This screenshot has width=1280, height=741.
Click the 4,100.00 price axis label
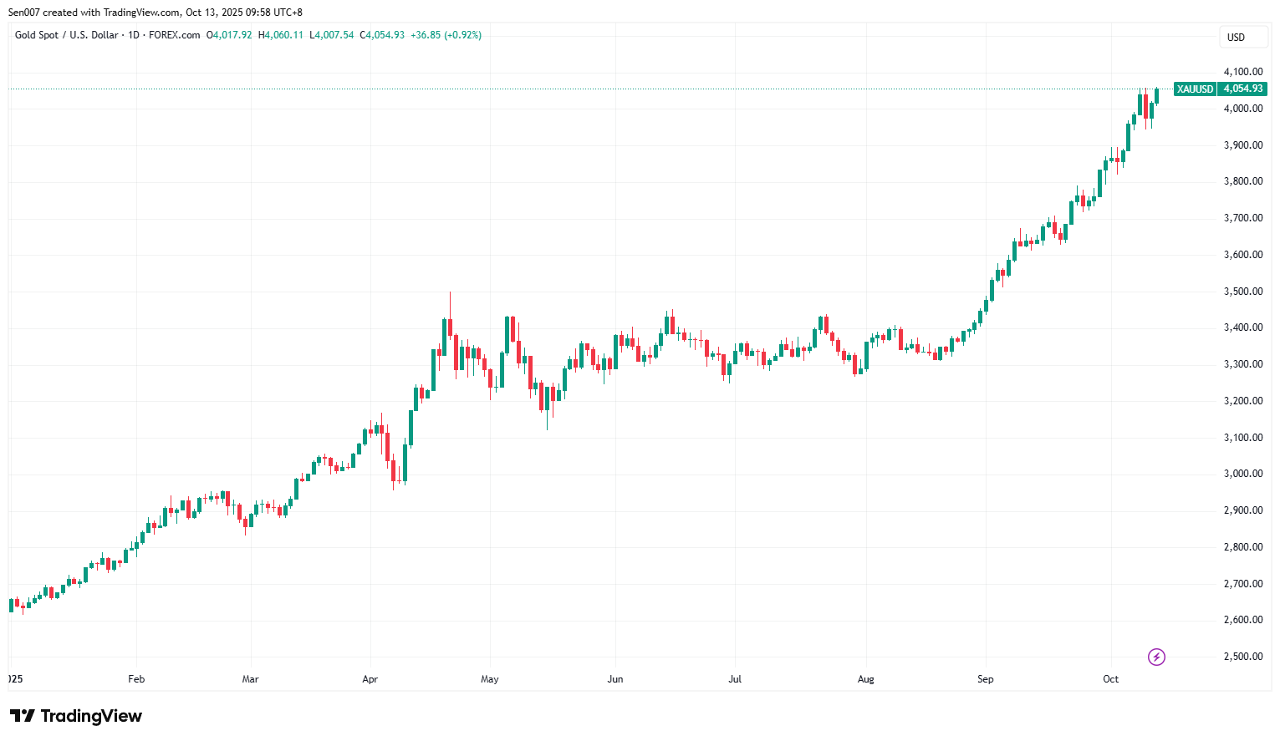(1242, 72)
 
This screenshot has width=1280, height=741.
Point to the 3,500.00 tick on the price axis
(1242, 292)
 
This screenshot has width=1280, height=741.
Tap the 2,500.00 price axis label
(1242, 657)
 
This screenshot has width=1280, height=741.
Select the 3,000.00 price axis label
(1242, 474)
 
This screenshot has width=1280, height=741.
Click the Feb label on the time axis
(136, 679)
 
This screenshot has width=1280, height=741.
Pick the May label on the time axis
(490, 679)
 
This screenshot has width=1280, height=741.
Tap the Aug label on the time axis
(866, 679)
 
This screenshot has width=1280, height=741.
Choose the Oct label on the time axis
(1110, 679)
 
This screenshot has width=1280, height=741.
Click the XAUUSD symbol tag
(1195, 89)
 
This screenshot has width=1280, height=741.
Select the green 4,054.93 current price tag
(1242, 89)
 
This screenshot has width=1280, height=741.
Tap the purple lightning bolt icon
(1156, 657)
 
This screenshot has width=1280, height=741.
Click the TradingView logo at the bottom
(76, 716)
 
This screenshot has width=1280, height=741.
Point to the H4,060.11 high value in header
(281, 35)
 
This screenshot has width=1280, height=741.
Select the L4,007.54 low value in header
(332, 35)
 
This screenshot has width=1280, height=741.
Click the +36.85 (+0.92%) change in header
(446, 35)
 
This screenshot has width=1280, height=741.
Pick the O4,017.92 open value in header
(229, 35)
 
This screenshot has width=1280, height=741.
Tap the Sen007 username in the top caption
(23, 13)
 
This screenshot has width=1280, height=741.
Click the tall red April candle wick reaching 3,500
(450, 304)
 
